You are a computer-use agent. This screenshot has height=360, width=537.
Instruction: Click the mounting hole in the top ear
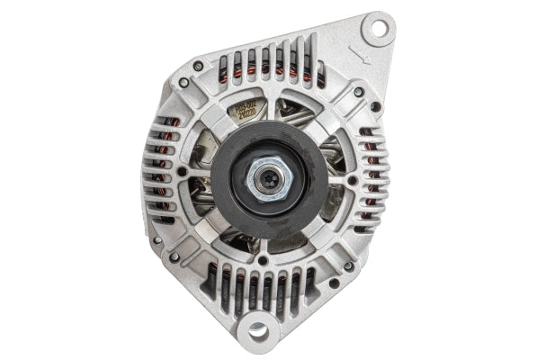[378, 28]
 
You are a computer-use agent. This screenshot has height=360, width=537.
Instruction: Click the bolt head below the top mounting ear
[358, 92]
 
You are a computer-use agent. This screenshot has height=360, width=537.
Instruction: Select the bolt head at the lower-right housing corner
[348, 265]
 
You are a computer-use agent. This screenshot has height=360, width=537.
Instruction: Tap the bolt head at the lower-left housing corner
[174, 256]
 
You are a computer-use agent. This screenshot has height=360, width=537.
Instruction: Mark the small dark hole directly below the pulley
[263, 261]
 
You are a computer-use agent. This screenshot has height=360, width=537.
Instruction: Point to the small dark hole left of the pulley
[182, 170]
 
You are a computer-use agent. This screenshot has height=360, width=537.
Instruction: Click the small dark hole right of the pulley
[352, 179]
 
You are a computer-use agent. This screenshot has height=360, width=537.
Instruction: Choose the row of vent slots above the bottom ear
[261, 286]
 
